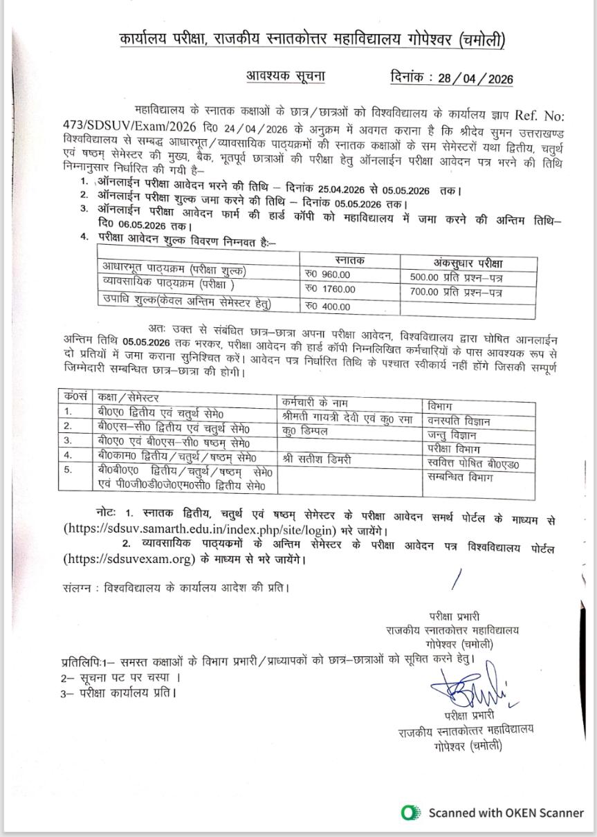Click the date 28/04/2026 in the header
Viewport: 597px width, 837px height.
point(475,78)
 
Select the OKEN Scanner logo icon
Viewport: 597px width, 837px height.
point(411,813)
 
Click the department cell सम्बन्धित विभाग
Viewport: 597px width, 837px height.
point(460,477)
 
